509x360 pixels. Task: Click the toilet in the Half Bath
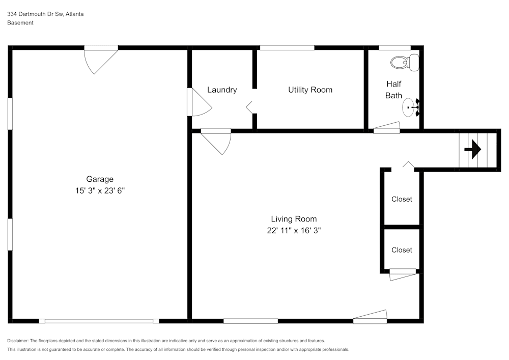(x=405, y=62)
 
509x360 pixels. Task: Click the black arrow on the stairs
(x=473, y=150)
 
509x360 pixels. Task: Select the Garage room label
(x=100, y=179)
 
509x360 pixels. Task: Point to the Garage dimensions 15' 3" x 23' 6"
(x=100, y=190)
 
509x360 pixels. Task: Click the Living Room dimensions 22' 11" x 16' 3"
(x=294, y=230)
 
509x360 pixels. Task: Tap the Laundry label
(x=222, y=90)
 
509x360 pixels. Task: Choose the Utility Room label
(x=310, y=90)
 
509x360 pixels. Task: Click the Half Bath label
(x=393, y=90)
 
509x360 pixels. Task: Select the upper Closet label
(x=402, y=199)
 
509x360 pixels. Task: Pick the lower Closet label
(x=402, y=250)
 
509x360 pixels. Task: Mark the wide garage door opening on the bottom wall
(x=99, y=321)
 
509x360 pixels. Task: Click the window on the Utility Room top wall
(x=287, y=48)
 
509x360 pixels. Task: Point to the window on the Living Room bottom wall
(x=250, y=321)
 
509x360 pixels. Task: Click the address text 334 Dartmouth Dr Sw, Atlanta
(x=45, y=14)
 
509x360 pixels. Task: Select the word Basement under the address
(x=20, y=23)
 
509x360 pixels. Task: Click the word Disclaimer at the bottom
(x=18, y=341)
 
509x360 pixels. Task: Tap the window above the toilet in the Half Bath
(x=395, y=48)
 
